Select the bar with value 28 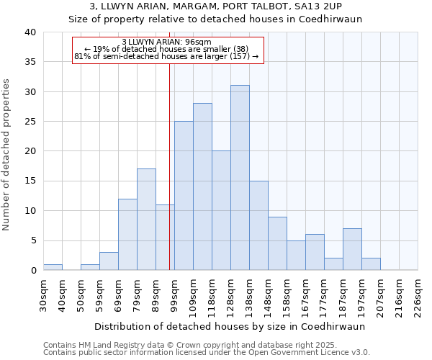click(x=202, y=186)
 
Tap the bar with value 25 click(x=184, y=196)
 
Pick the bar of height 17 click(x=146, y=220)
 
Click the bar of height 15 click(x=258, y=225)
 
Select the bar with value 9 click(x=277, y=243)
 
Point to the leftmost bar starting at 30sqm click(x=53, y=267)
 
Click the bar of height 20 click(x=221, y=210)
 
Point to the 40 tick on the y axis click(x=30, y=32)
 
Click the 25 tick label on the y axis click(x=30, y=122)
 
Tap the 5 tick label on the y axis click(x=32, y=240)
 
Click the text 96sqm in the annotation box click(x=198, y=42)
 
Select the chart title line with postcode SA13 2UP click(x=215, y=6)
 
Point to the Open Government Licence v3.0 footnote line click(x=207, y=352)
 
